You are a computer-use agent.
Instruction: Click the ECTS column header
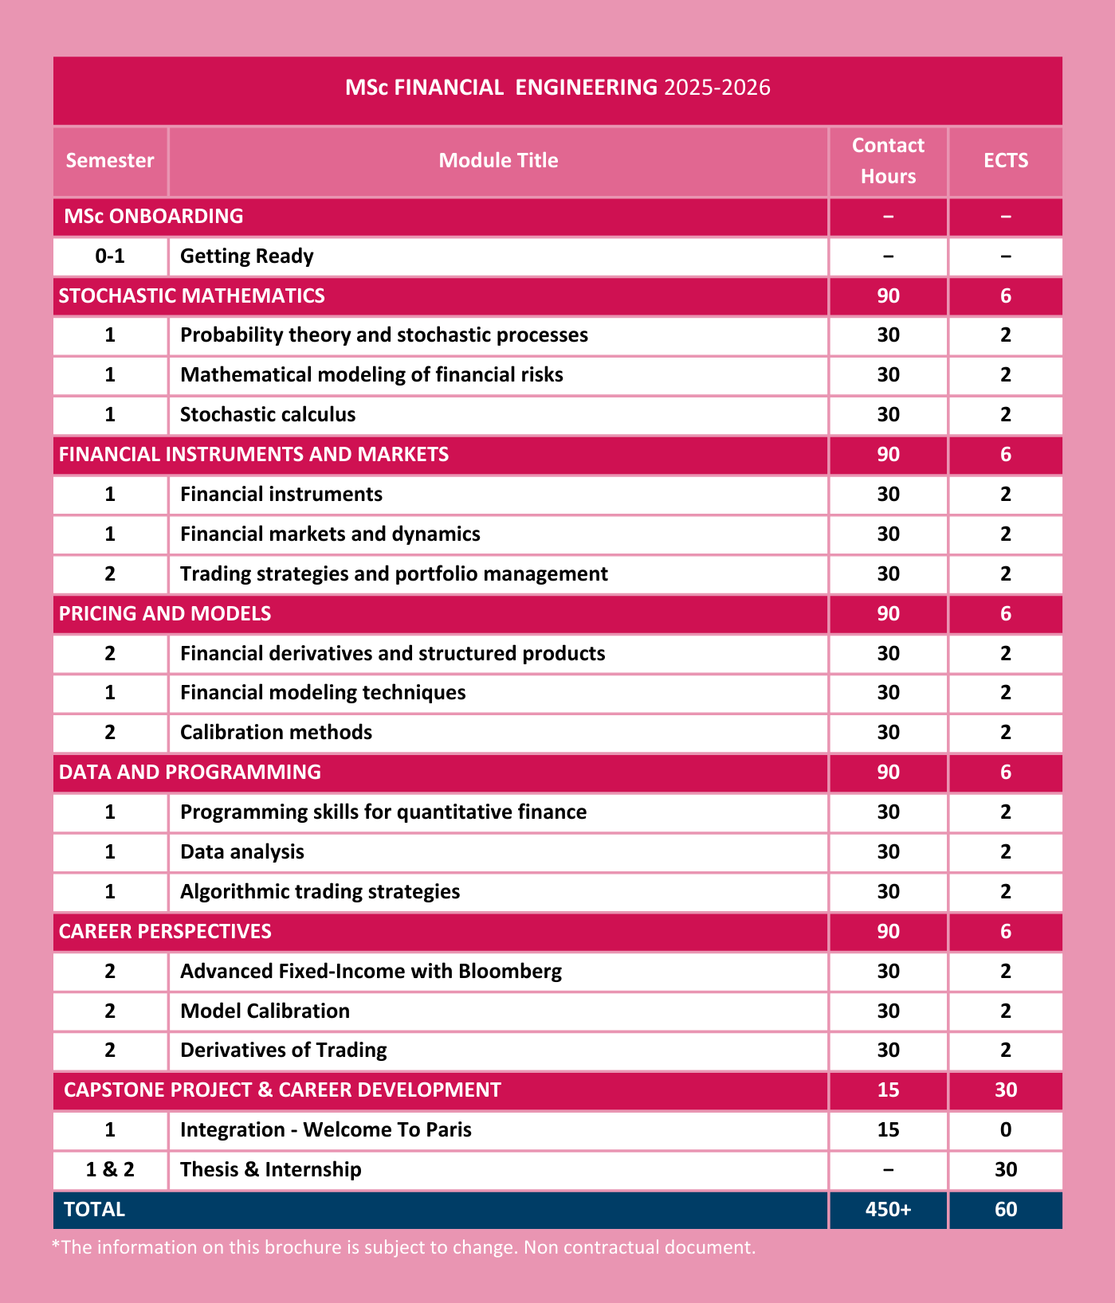pos(1005,161)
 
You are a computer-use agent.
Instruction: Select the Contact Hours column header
pos(888,161)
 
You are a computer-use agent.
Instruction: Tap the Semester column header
pos(110,161)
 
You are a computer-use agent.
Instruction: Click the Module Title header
pos(498,161)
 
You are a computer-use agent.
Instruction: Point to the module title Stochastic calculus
pos(268,415)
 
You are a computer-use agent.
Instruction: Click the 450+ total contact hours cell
pos(888,1210)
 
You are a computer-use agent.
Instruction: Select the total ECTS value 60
pos(1005,1210)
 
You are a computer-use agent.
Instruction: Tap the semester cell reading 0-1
pos(110,256)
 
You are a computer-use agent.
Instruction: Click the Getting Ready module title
pos(246,256)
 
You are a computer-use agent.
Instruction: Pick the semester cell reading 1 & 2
pos(110,1170)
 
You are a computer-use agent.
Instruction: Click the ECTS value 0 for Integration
pos(1005,1130)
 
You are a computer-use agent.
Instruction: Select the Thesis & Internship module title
pos(270,1170)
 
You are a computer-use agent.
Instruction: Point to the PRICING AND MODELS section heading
pos(165,614)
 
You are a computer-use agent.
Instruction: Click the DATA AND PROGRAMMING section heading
pos(190,773)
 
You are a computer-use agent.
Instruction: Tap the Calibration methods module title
pos(276,733)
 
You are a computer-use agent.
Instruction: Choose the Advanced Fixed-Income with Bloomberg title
pos(371,972)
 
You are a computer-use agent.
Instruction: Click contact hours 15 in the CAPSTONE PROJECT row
pos(888,1090)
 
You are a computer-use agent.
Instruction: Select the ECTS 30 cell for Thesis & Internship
pos(1005,1170)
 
